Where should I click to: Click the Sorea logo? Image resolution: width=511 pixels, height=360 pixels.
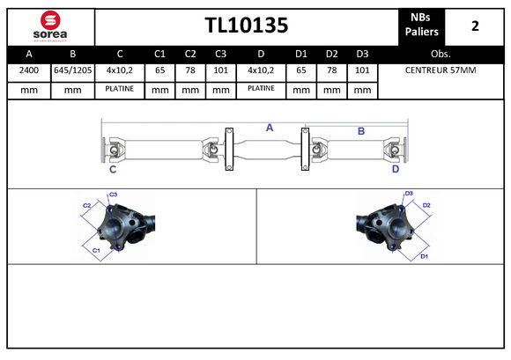(50, 26)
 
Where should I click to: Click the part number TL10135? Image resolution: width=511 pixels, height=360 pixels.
(247, 26)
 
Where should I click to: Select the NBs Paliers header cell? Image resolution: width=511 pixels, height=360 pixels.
(421, 25)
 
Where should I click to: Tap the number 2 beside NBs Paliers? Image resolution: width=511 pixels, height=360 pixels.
(475, 26)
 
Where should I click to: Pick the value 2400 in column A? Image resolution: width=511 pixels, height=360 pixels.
(29, 70)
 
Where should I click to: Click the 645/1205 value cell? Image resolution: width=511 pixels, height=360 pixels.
(72, 70)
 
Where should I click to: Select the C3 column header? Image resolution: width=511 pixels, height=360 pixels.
(220, 54)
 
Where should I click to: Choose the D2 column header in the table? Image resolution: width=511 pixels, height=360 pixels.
(332, 54)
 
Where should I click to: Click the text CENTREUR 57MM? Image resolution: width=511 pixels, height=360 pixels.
(441, 70)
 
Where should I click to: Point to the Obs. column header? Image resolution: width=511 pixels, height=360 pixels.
(441, 54)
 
